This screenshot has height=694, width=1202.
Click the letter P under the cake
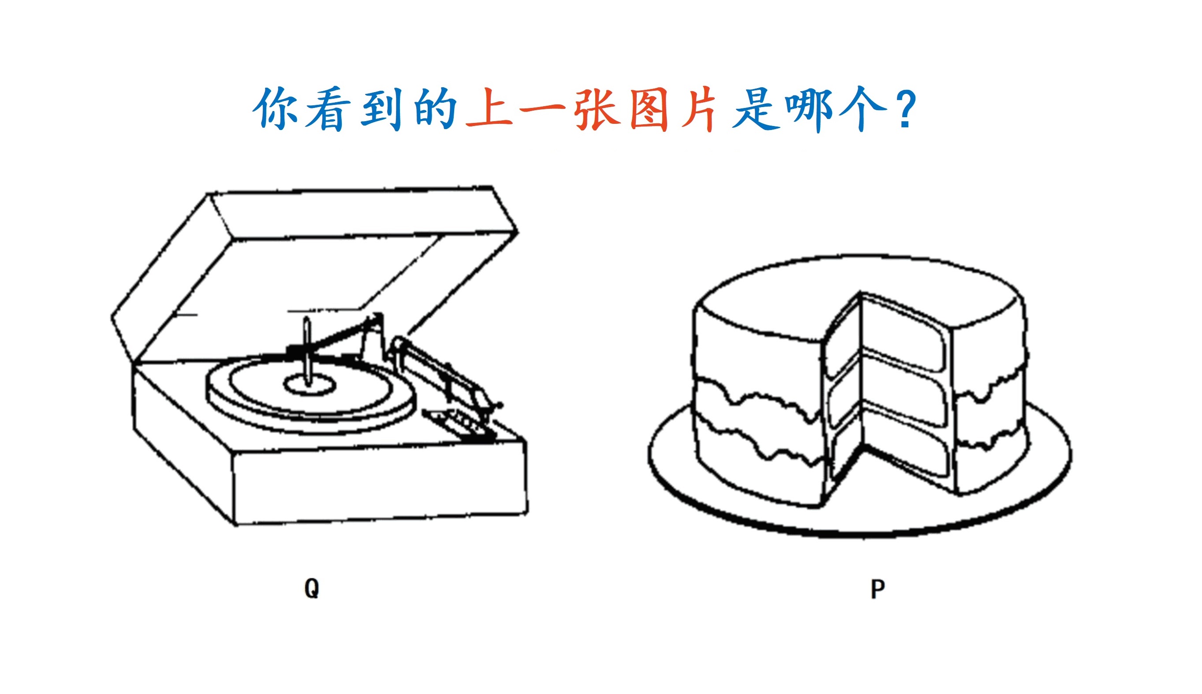click(877, 589)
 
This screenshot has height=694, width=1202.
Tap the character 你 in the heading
click(275, 108)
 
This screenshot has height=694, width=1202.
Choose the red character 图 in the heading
click(649, 109)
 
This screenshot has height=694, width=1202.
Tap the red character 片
click(699, 109)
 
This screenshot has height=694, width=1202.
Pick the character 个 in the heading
click(863, 109)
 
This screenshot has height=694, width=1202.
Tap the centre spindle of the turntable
click(308, 352)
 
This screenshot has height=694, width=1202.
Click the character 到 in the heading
click(381, 109)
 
